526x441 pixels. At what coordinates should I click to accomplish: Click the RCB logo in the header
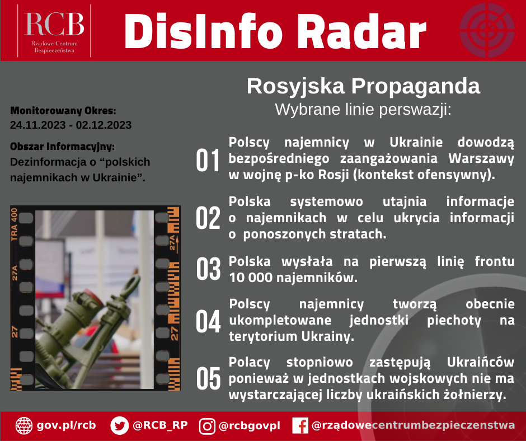pos(54,31)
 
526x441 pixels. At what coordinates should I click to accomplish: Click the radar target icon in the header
pos(486,30)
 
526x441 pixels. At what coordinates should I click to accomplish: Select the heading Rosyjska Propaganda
pos(363,87)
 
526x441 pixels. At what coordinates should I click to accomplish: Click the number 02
pos(208,218)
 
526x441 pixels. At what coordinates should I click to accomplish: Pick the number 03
pos(208,269)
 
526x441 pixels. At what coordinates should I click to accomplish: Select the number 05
pos(208,379)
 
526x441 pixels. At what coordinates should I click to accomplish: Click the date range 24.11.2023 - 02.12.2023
pos(71,125)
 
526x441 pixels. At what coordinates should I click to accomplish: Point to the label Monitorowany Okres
pos(63,110)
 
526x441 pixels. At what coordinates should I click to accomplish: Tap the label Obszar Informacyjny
pos(62,147)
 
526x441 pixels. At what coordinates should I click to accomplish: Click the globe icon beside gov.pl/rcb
pos(24,425)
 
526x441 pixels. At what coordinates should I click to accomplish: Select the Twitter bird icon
pos(120,425)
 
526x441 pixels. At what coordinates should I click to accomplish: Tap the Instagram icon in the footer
pos(208,426)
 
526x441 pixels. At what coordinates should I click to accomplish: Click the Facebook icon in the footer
pos(300,426)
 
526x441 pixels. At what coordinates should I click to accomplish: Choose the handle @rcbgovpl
pos(249,426)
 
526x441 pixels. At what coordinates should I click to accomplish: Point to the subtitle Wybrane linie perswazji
pos(363,109)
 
